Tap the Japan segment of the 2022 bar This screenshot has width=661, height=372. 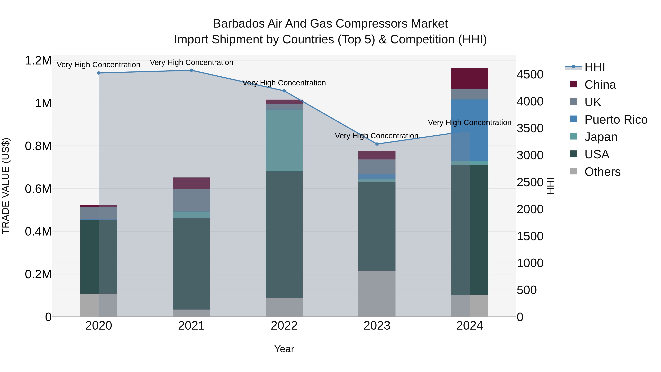point(284,140)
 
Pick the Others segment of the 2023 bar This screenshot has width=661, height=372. point(377,294)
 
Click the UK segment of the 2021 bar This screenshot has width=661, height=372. point(192,200)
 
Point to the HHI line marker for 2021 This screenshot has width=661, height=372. point(192,70)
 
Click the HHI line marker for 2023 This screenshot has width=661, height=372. point(377,144)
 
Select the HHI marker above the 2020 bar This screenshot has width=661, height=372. point(99,73)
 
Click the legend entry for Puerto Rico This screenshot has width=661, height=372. point(616,120)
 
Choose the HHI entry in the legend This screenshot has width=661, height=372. point(595,67)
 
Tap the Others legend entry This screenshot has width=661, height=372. point(602,172)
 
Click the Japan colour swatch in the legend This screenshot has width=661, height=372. point(573,136)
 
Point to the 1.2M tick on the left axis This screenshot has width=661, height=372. point(38,61)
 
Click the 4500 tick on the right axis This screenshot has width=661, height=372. point(530,74)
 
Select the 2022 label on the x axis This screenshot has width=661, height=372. point(284,326)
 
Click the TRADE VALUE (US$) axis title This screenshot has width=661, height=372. point(6,186)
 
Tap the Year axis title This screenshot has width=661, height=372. point(284,349)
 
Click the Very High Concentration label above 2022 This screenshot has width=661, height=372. point(284,83)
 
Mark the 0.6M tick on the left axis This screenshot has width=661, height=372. point(38,189)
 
